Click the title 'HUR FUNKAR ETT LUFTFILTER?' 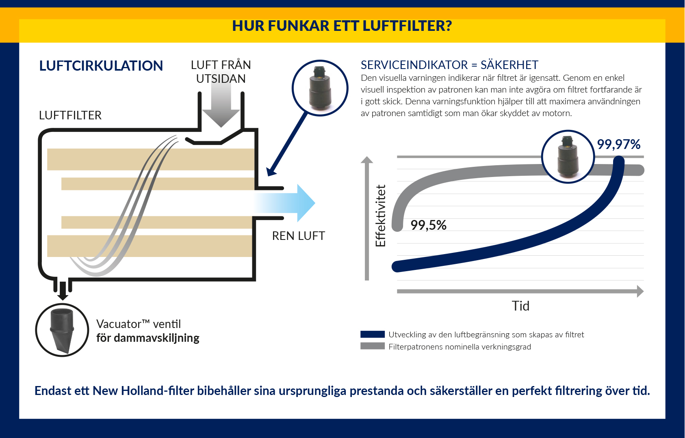point(342,26)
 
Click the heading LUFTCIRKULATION point(101,66)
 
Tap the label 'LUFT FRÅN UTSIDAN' point(221,72)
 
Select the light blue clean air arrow point(284,203)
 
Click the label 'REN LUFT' point(299,236)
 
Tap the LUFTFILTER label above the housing point(70,115)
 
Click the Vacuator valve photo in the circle point(62,330)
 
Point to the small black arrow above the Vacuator point(63,291)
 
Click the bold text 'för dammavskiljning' point(148,338)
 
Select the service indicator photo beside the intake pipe point(320,88)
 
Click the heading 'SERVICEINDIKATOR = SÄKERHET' point(449,65)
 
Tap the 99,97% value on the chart point(619,145)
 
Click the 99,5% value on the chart point(429,225)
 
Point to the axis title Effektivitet point(381,216)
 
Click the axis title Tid point(520,306)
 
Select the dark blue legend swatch point(373,334)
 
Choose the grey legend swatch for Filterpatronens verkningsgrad point(373,346)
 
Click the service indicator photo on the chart point(568,157)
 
